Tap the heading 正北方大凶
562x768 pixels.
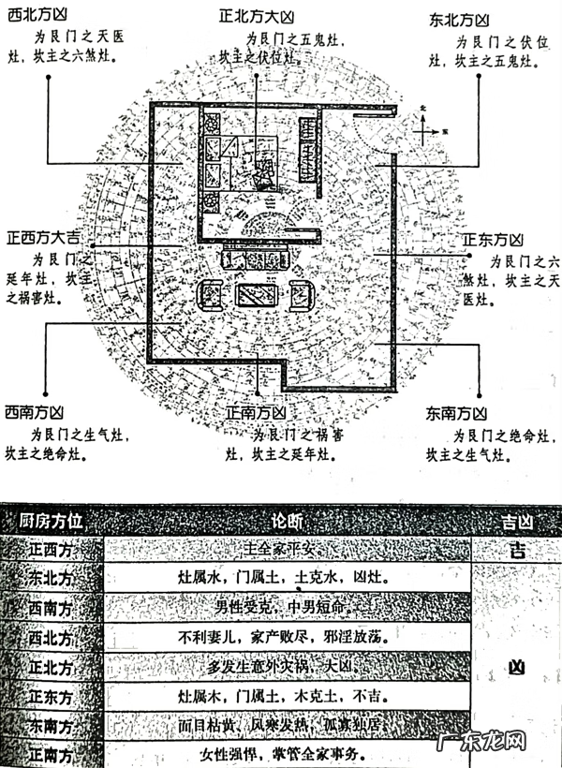click(257, 16)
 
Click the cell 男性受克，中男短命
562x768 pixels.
click(287, 608)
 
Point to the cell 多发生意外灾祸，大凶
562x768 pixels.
click(287, 667)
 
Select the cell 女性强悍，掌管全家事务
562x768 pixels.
click(287, 755)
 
